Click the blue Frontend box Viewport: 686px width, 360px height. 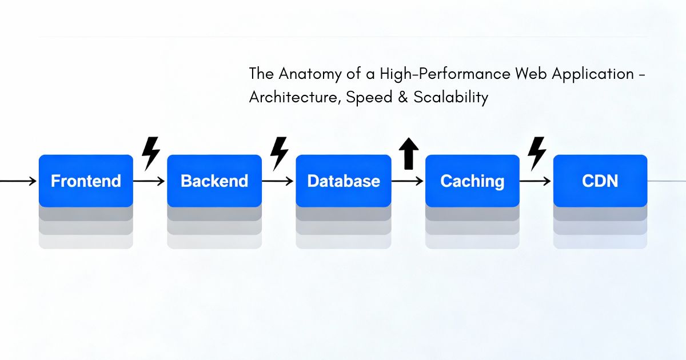point(86,181)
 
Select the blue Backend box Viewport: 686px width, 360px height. point(214,181)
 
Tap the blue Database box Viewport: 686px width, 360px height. point(343,181)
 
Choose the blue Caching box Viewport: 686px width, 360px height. point(472,181)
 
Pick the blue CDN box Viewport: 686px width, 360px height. point(600,181)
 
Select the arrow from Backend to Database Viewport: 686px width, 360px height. point(278,181)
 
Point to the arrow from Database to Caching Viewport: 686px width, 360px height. point(408,181)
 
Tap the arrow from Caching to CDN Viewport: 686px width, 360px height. point(536,181)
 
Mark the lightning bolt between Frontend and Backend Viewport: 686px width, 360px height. point(150,153)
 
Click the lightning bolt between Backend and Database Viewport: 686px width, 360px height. point(279,153)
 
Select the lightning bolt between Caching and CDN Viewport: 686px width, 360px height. point(537,153)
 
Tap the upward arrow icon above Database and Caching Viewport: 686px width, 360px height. point(409,154)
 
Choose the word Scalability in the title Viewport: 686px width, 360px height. point(452,98)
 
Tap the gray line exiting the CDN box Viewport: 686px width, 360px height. point(667,181)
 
